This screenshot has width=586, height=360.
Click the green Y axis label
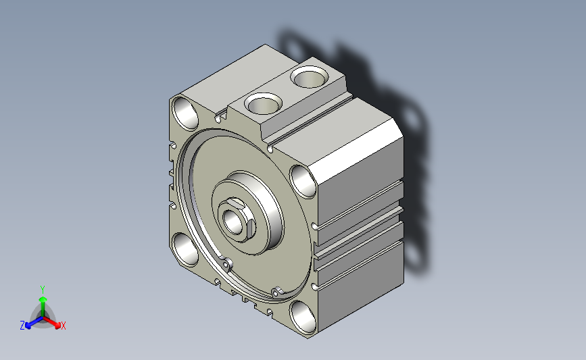[43, 290]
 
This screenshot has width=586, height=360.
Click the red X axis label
[63, 326]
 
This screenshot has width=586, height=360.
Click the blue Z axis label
[22, 326]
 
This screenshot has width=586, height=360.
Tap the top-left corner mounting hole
[185, 113]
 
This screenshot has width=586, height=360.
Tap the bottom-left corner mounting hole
[185, 249]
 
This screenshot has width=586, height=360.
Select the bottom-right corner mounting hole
[303, 317]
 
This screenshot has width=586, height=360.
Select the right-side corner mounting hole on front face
[303, 182]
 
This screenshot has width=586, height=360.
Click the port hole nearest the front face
[263, 103]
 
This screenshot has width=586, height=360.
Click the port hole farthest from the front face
[310, 77]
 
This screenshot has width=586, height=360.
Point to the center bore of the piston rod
[233, 222]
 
